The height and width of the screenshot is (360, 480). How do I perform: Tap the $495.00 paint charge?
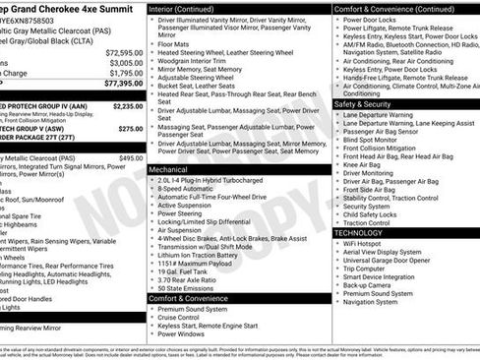(131, 157)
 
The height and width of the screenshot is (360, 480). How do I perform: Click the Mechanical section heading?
(168, 169)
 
